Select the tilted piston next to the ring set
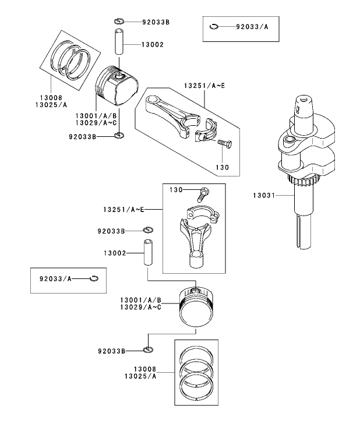tap(117, 86)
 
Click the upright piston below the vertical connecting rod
tap(196, 309)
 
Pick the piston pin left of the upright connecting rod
tap(149, 253)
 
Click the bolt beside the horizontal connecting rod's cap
tap(224, 143)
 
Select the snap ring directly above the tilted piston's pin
tap(119, 22)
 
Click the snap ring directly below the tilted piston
tap(119, 136)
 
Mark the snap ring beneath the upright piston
tap(148, 350)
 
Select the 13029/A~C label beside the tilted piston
tap(96, 123)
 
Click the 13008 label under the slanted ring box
tap(52, 98)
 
